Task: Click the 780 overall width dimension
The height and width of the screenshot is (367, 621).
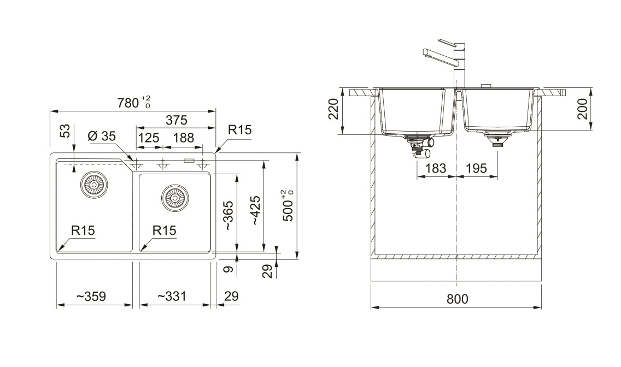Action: click(134, 102)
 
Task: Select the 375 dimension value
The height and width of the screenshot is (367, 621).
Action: click(176, 120)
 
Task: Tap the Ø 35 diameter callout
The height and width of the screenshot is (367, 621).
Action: click(101, 136)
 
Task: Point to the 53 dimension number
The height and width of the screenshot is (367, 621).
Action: click(65, 131)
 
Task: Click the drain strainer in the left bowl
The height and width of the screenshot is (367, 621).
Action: click(94, 184)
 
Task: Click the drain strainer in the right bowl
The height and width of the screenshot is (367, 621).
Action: click(175, 197)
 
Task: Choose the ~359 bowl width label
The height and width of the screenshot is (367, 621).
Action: click(91, 296)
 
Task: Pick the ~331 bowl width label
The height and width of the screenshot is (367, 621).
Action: click(171, 296)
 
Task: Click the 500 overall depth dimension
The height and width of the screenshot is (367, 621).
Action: click(289, 205)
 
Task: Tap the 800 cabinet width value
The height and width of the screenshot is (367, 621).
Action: click(457, 299)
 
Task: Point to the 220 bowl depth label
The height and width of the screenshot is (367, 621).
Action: click(333, 109)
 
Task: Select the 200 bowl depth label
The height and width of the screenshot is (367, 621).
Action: click(582, 109)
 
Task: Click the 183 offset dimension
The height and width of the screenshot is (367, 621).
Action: click(436, 168)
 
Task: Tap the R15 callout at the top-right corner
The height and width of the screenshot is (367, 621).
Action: click(240, 130)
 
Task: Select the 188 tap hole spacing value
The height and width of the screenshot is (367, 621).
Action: click(184, 138)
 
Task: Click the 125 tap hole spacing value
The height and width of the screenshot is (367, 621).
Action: click(149, 138)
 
